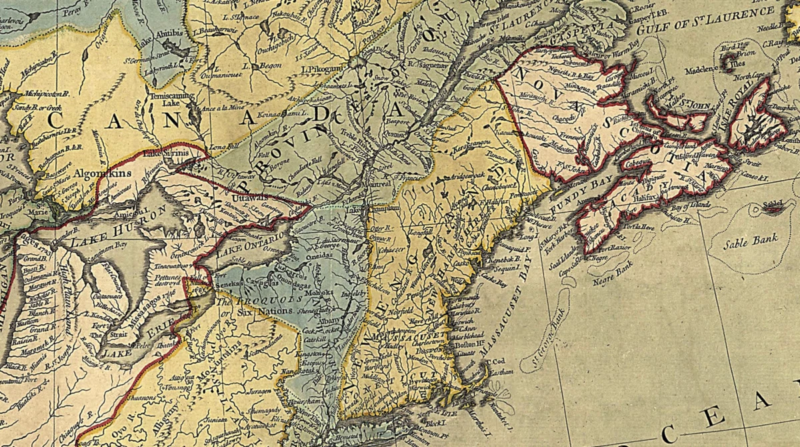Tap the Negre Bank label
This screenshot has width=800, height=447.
point(614,272)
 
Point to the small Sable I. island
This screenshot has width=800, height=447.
point(772,207)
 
